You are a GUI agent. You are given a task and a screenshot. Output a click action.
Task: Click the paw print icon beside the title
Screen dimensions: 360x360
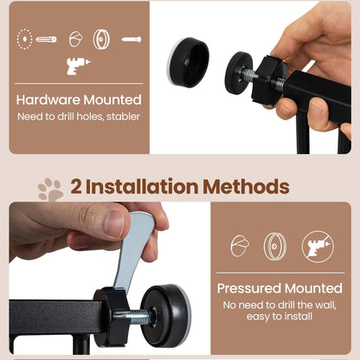pyautogui.click(x=50, y=190)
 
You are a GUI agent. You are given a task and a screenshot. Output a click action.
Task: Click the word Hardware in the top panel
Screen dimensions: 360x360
pyautogui.click(x=48, y=100)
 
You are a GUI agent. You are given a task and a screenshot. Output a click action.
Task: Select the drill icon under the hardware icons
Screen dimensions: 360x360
pyautogui.click(x=78, y=66)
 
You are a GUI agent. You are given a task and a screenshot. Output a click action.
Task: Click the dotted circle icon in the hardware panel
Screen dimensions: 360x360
pyautogui.click(x=24, y=39)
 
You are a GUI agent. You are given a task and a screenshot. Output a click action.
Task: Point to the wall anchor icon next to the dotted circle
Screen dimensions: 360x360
pyautogui.click(x=46, y=39)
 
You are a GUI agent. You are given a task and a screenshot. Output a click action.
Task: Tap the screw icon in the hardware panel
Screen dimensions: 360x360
pyautogui.click(x=132, y=39)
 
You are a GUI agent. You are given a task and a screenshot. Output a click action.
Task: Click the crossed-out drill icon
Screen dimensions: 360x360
pyautogui.click(x=318, y=247)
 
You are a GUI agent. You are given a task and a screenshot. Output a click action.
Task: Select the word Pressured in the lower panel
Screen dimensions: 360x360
pyautogui.click(x=249, y=288)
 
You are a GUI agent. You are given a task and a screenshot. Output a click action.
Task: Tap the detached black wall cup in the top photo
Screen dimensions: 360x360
pyautogui.click(x=188, y=62)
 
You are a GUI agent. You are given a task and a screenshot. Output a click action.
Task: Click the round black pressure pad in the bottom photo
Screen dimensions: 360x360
pyautogui.click(x=166, y=315)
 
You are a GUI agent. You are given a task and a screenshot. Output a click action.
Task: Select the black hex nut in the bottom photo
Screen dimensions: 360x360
pyautogui.click(x=112, y=317)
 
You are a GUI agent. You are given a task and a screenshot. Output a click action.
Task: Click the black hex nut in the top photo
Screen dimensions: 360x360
pyautogui.click(x=269, y=80)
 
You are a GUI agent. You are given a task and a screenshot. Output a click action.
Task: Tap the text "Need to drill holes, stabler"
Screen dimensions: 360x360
pyautogui.click(x=79, y=117)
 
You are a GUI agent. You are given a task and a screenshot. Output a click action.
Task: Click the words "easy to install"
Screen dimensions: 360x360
pyautogui.click(x=280, y=317)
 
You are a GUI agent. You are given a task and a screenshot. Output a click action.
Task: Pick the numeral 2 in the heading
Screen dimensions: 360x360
pyautogui.click(x=76, y=187)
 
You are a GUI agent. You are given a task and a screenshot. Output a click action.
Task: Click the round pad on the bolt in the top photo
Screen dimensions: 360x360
pyautogui.click(x=238, y=73)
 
